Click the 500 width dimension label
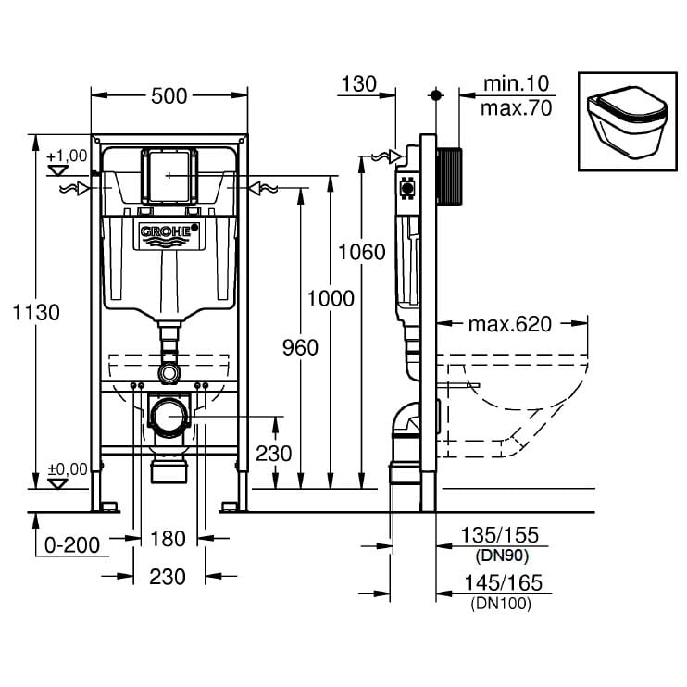coord(169,95)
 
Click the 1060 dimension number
coord(361,252)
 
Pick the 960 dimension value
coord(298,347)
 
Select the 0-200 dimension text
coord(70,544)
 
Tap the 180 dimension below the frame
coord(168,539)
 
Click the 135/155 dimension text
coord(499,536)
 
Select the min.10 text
coord(517,84)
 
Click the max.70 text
coord(516,108)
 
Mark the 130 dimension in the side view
coord(358,84)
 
